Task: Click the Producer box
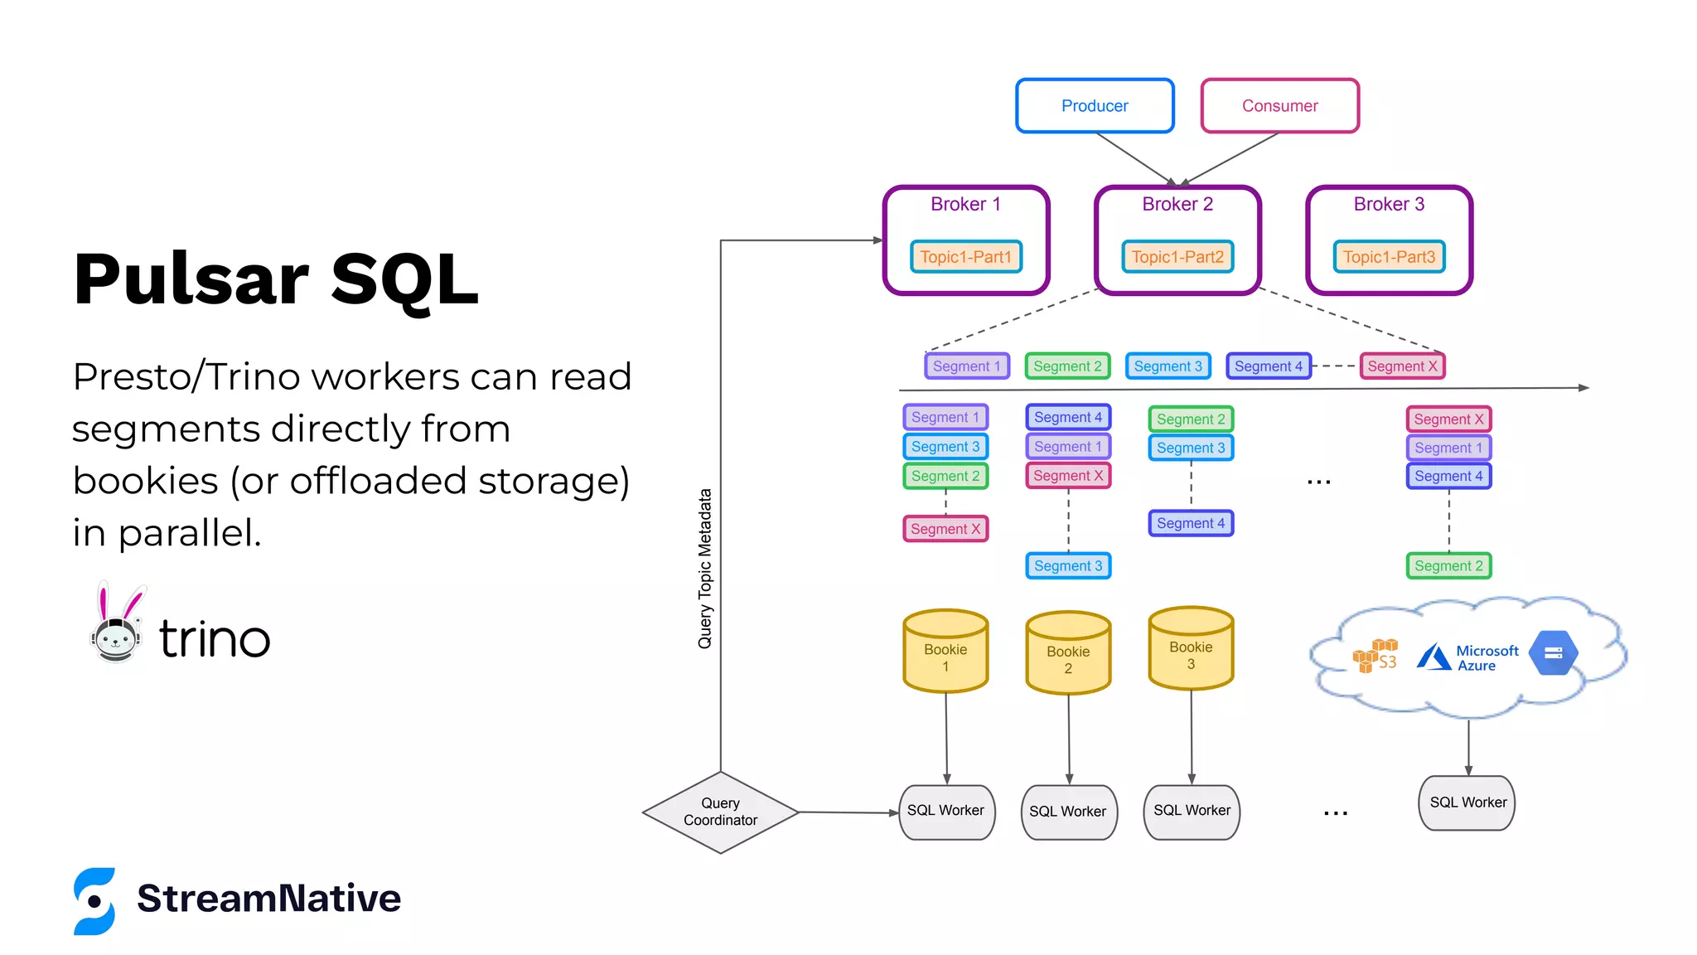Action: pyautogui.click(x=1095, y=105)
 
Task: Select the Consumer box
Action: pyautogui.click(x=1279, y=105)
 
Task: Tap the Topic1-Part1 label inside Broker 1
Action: pyautogui.click(x=965, y=257)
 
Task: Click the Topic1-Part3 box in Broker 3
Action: pyautogui.click(x=1389, y=257)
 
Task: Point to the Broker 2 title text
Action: pyautogui.click(x=1177, y=204)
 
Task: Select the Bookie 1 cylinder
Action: pyautogui.click(x=945, y=652)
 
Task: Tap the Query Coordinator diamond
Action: pyautogui.click(x=720, y=812)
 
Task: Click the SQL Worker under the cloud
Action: pyautogui.click(x=1467, y=802)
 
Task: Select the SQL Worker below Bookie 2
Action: pyautogui.click(x=1068, y=812)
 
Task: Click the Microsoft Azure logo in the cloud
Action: pyautogui.click(x=1467, y=657)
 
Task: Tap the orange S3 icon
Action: pyautogui.click(x=1375, y=656)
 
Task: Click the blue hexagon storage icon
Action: pyautogui.click(x=1553, y=653)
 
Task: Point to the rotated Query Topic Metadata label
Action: pyautogui.click(x=705, y=569)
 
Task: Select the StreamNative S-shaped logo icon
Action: pyautogui.click(x=94, y=901)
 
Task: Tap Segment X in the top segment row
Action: pyautogui.click(x=1402, y=366)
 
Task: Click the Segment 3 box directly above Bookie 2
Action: pyautogui.click(x=1068, y=565)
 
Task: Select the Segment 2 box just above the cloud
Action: pyautogui.click(x=1448, y=565)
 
